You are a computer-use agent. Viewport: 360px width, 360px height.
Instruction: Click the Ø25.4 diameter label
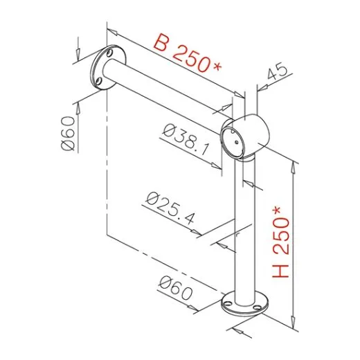171,209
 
